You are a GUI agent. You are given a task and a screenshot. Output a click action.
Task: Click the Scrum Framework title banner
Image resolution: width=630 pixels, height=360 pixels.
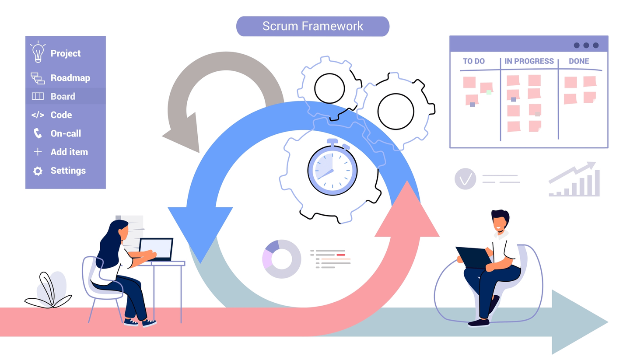[x=312, y=26]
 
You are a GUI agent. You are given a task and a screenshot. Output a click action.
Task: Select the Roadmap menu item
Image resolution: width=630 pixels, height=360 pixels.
[x=70, y=78]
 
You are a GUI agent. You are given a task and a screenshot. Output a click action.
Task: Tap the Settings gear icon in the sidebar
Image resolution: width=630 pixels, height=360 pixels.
[x=38, y=171]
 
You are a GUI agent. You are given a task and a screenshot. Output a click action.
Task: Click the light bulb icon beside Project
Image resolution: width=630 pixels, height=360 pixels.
[x=38, y=52]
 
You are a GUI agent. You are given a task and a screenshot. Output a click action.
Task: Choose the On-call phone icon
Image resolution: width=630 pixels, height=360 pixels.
[x=38, y=133]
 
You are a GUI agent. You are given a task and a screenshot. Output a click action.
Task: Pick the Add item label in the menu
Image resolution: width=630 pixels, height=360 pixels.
[x=69, y=152]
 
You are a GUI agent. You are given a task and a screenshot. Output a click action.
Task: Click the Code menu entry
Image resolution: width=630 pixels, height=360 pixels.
[x=61, y=115]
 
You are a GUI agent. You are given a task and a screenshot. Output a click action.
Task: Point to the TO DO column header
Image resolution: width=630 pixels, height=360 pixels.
[x=474, y=61]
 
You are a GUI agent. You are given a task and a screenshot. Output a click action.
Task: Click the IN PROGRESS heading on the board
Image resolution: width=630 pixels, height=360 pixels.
[x=529, y=61]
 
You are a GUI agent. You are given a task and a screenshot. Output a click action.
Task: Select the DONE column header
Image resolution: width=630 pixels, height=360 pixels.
[x=579, y=61]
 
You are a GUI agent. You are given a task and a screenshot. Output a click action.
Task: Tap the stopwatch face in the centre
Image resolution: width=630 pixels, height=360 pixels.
[x=332, y=170]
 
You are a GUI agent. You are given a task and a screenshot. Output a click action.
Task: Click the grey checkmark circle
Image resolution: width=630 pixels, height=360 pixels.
[x=465, y=179]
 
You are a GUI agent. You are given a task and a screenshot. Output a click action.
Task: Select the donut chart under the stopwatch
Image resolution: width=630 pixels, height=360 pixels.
[x=281, y=259]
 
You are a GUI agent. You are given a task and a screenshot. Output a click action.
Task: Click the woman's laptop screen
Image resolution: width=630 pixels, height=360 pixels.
[x=156, y=249]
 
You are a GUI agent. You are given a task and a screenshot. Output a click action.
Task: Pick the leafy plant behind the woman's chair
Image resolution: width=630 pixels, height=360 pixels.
[x=49, y=290]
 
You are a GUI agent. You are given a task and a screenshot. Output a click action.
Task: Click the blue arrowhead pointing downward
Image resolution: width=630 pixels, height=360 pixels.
[x=200, y=232]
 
